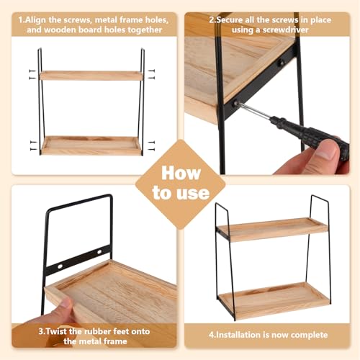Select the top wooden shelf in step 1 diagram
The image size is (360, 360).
(91, 76)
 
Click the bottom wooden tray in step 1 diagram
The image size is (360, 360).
(91, 146)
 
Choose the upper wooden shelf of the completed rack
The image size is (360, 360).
(272, 229)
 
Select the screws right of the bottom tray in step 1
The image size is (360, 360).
(151, 145)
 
